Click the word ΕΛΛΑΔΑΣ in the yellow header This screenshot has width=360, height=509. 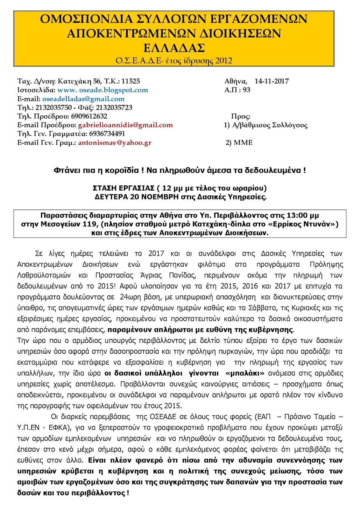[174, 48]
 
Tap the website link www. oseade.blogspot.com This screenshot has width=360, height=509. [102, 90]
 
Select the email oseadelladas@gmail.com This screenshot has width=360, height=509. [83, 99]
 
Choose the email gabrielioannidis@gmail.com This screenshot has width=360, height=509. [125, 125]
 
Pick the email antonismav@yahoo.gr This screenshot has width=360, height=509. [115, 143]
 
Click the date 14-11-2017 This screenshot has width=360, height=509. [272, 81]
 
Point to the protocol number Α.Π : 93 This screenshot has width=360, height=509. [237, 90]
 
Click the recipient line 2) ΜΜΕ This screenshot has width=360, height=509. [239, 143]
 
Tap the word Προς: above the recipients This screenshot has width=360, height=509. [241, 116]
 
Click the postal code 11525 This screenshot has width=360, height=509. [131, 81]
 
